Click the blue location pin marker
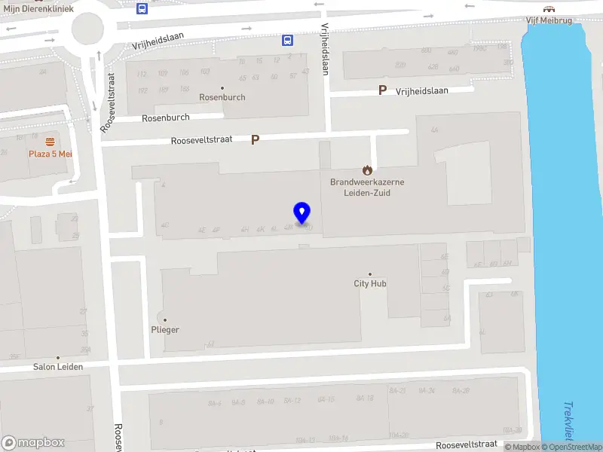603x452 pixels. coord(302,213)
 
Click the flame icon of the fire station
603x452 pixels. coord(367,169)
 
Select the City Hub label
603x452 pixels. coord(370,284)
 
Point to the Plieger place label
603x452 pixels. coord(164,330)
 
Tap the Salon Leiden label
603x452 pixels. coord(57,367)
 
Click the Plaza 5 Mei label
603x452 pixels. coord(50,153)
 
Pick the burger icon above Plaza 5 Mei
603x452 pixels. coord(50,141)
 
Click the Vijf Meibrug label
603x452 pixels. coord(549,20)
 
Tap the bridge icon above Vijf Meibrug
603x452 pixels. coord(549,9)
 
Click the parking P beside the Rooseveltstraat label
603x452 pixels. coord(256,139)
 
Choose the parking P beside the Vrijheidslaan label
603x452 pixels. coord(383,90)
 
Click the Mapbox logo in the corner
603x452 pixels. coord(33,443)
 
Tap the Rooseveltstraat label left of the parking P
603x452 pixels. coord(202,140)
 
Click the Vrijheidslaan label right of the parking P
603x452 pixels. coord(422,90)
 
